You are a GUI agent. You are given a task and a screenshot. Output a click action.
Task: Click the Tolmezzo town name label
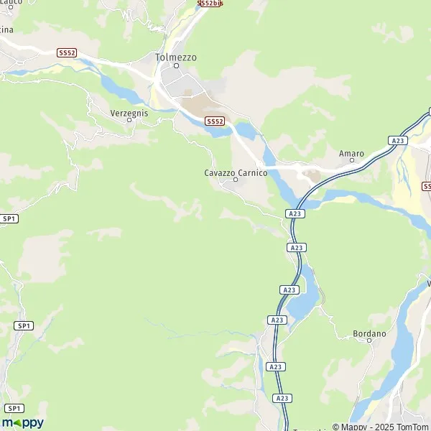point(176,57)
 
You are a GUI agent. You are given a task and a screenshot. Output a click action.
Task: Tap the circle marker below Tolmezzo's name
point(176,66)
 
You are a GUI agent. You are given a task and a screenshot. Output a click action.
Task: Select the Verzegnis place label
point(129,112)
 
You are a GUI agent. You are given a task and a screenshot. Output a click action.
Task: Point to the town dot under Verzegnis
point(129,120)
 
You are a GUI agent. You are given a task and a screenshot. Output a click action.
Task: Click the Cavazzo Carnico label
point(236,173)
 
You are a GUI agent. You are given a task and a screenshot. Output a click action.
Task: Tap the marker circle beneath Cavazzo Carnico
point(235,181)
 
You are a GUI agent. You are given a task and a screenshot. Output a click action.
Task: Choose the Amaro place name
point(351,154)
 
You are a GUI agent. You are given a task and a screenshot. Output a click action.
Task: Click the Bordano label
point(369,334)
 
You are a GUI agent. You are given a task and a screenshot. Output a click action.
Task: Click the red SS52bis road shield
point(210,4)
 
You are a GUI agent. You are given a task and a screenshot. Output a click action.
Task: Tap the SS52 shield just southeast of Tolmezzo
point(215,121)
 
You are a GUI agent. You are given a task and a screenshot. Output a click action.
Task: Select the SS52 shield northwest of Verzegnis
point(67,53)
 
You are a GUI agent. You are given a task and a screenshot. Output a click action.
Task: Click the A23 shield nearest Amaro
point(398,141)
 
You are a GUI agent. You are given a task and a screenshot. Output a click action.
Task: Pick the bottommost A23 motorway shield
point(282,398)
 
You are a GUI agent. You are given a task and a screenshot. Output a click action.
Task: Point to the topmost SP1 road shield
point(9,218)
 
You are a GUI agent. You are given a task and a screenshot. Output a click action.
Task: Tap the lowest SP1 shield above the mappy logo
point(11,408)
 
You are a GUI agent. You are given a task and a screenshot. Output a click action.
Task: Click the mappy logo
point(22,423)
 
